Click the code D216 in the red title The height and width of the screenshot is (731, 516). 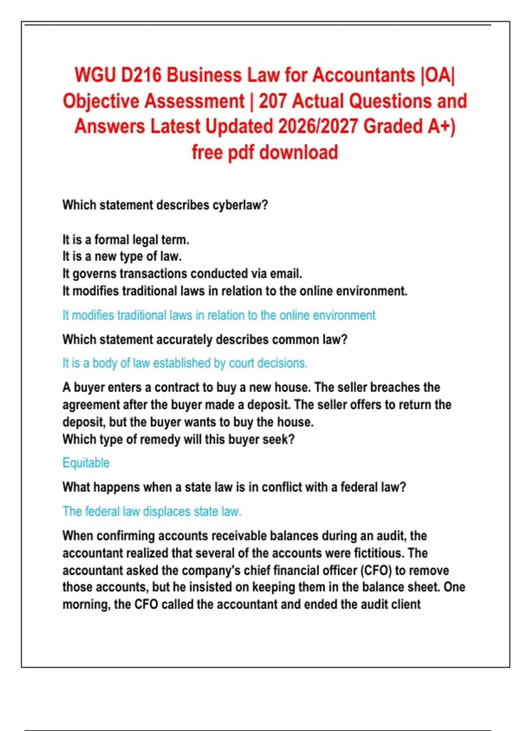(141, 75)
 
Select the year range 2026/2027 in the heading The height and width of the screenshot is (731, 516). (318, 127)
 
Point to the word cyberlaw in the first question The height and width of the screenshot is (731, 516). (240, 205)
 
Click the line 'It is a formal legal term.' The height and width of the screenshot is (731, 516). (126, 240)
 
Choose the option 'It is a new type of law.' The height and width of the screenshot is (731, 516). (122, 256)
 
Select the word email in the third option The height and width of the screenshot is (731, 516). (286, 273)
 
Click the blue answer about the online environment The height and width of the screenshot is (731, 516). (219, 315)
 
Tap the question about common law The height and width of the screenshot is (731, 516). (205, 340)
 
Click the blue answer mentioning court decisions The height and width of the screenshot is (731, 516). (185, 363)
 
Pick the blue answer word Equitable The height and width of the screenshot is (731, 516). (86, 463)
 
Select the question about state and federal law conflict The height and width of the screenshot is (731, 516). (234, 487)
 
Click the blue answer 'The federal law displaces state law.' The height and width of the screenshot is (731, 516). (152, 512)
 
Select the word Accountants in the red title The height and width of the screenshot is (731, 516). (363, 75)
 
